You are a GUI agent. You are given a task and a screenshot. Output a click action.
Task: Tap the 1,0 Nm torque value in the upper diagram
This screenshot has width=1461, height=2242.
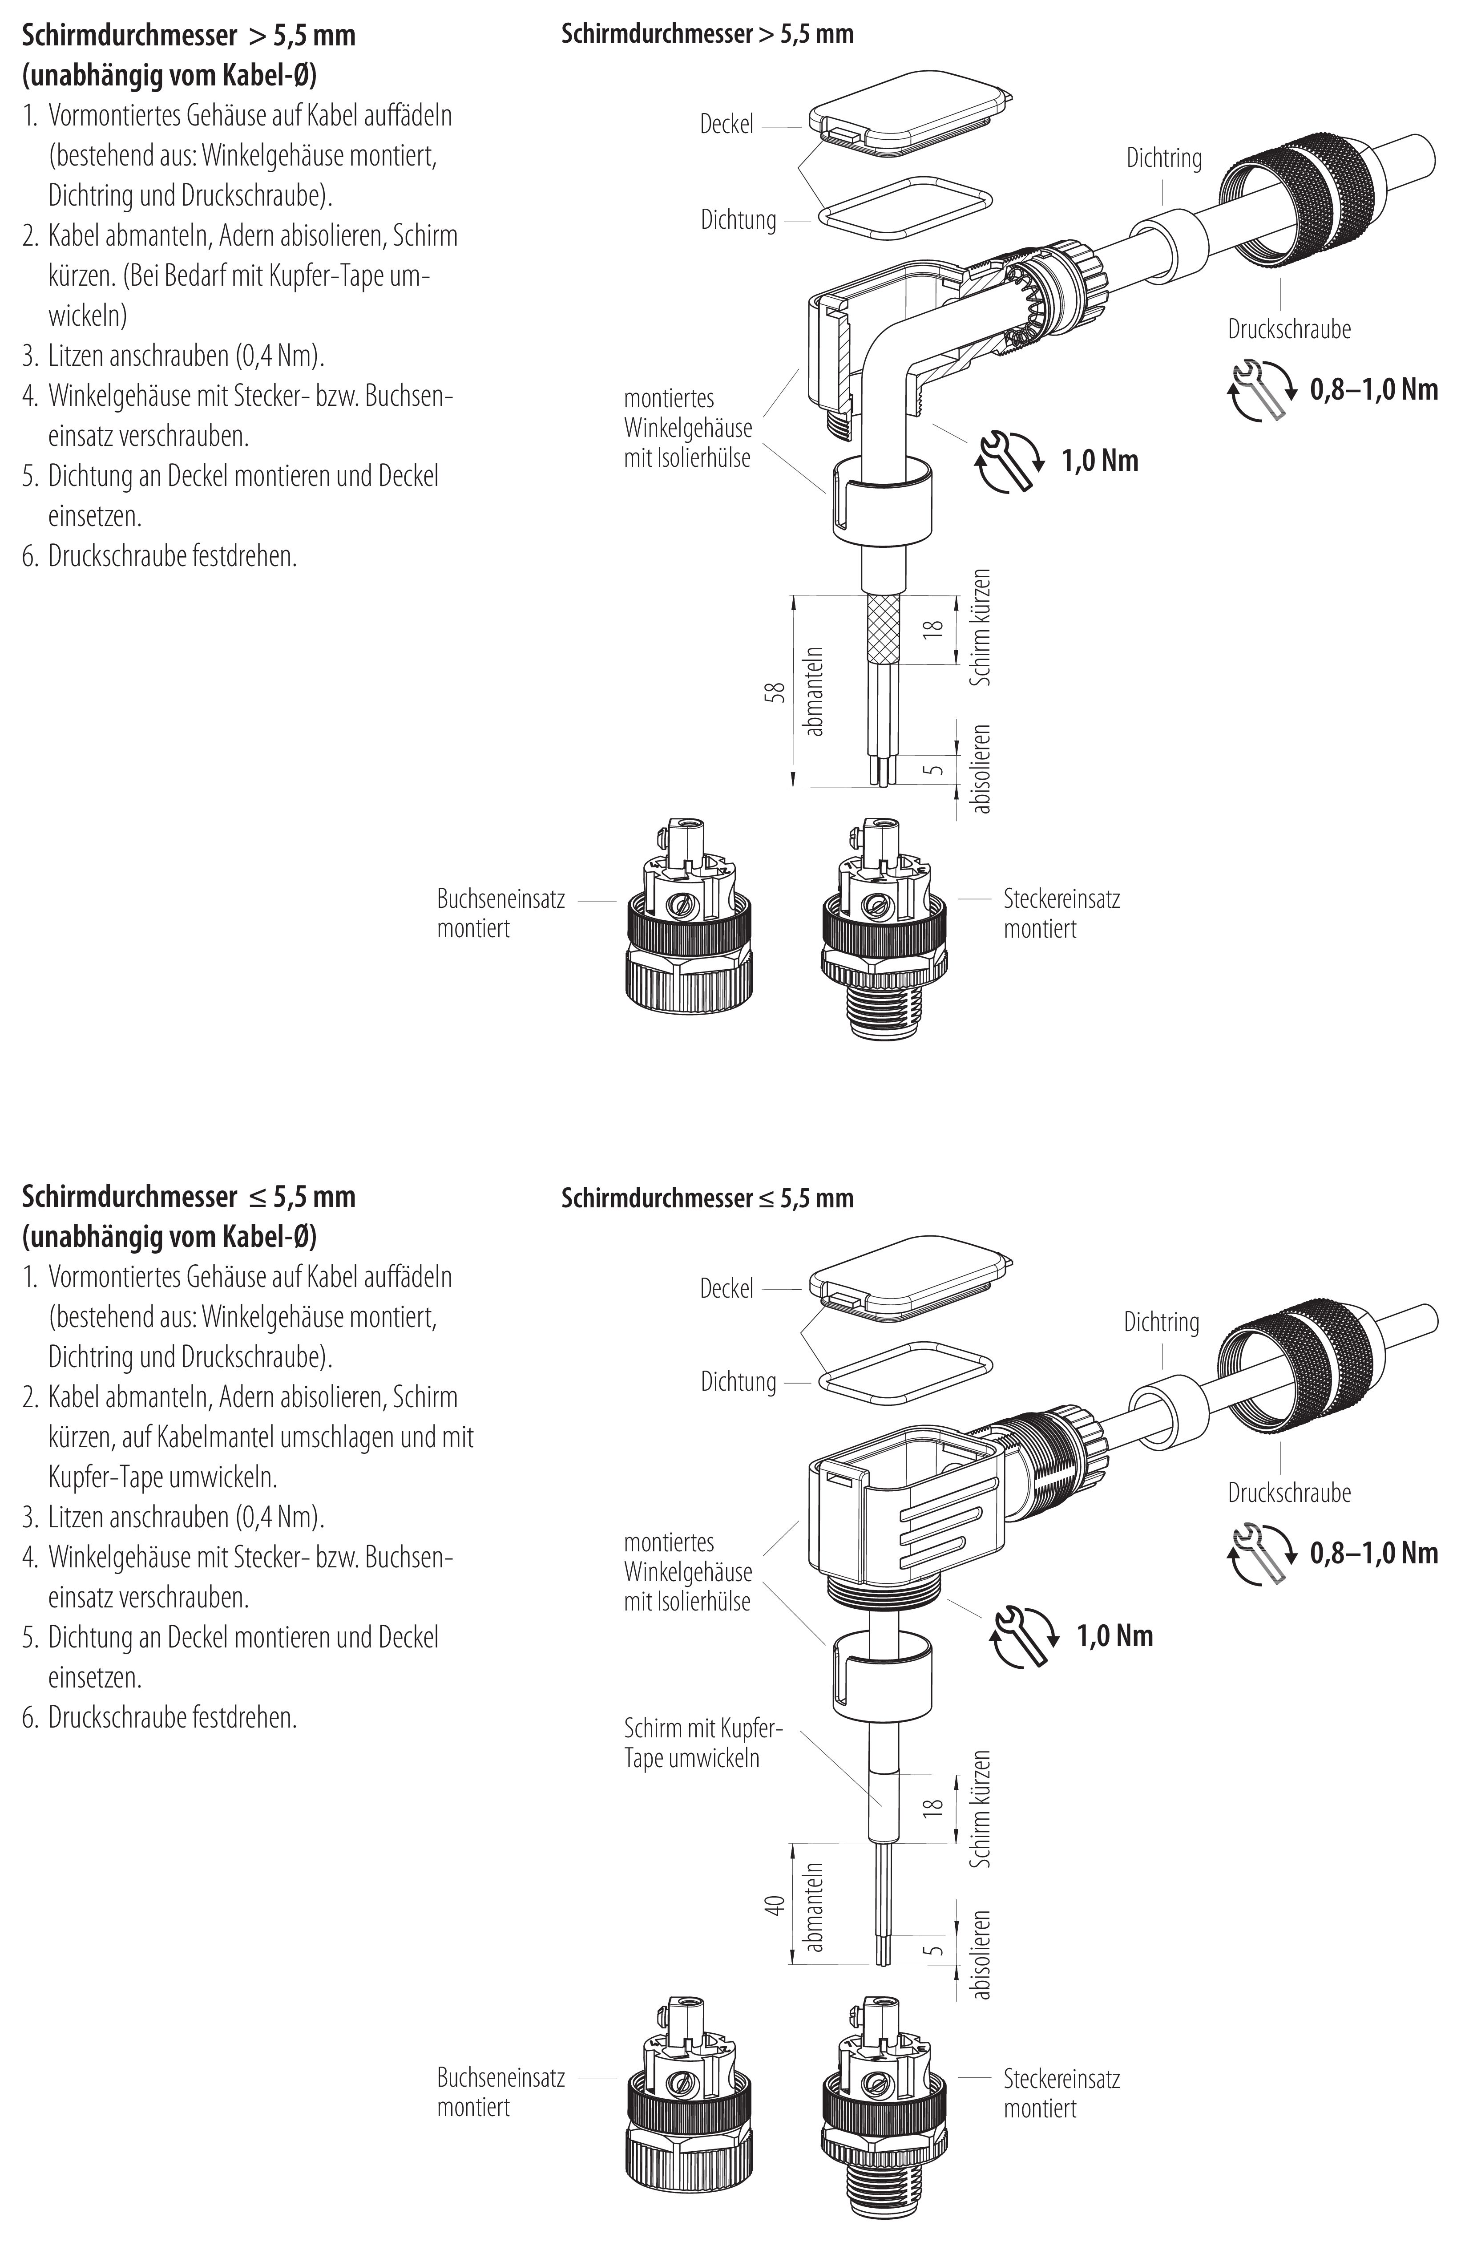1099,461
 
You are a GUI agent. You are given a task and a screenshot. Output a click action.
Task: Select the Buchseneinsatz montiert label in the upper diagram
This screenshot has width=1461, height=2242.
500,913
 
